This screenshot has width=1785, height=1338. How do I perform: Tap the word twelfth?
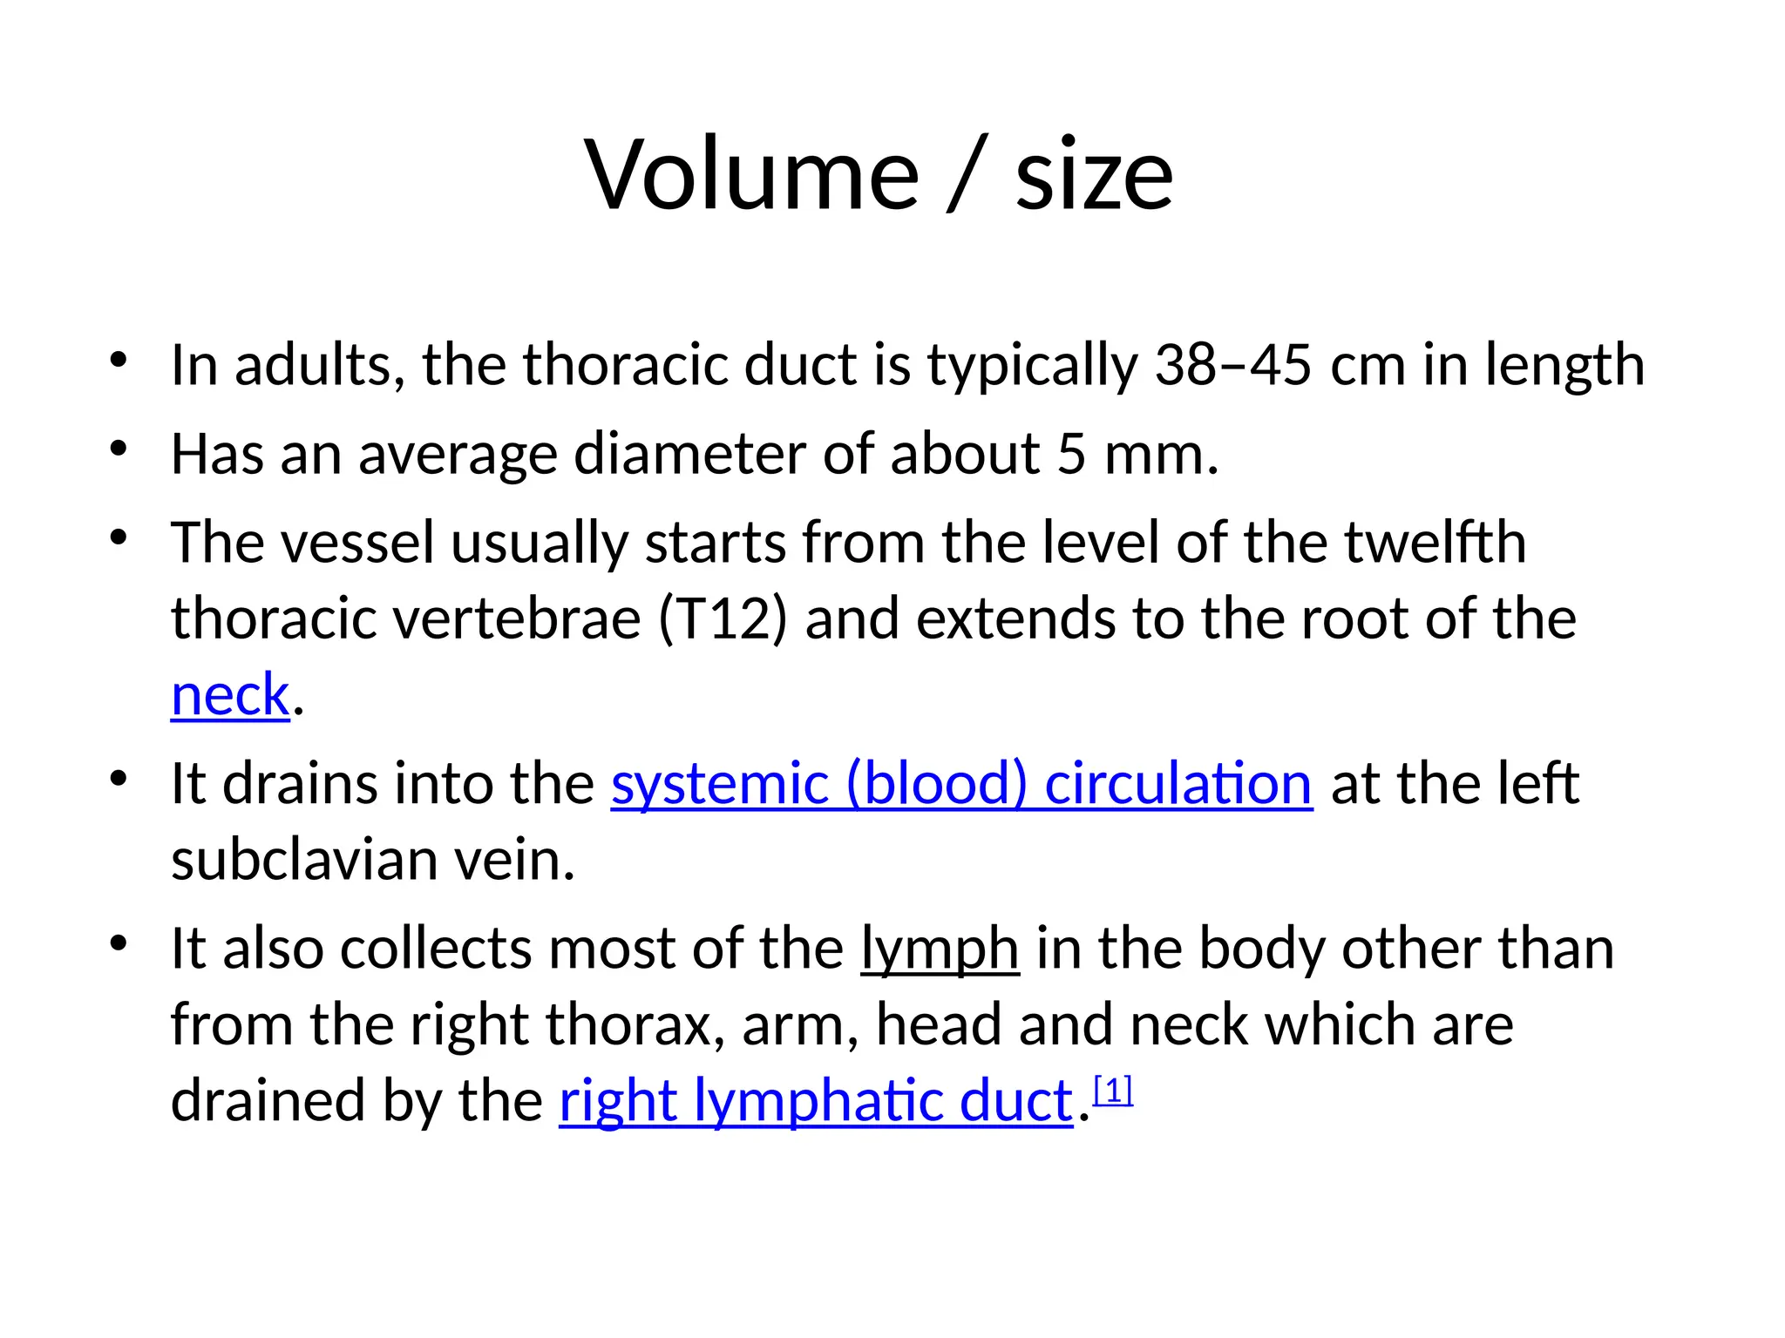point(1435,543)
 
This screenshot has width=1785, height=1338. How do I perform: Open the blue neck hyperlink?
point(230,695)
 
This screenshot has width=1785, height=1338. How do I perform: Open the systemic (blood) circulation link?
point(961,784)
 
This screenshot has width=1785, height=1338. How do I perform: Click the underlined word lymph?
point(940,949)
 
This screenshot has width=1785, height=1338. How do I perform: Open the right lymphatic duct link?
point(816,1101)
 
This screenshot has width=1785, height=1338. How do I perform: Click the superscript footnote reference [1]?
point(1113,1090)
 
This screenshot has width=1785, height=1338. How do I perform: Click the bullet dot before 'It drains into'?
point(119,777)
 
